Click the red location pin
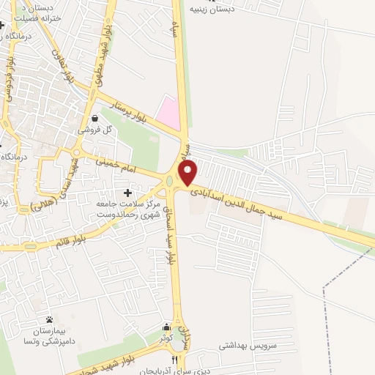point(189,172)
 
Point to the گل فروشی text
point(97,130)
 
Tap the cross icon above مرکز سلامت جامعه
point(129,193)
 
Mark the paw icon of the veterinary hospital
point(49,319)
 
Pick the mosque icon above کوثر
point(167,327)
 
